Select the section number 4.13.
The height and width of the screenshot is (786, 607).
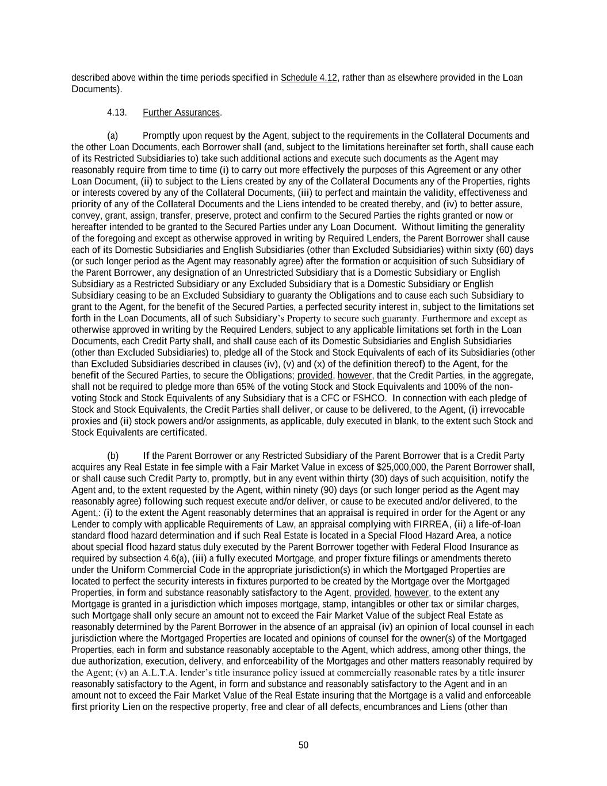click(x=116, y=112)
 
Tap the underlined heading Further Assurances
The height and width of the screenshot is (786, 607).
click(x=181, y=112)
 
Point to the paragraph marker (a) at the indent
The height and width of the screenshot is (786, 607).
click(x=113, y=135)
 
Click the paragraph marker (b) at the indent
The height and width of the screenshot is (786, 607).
click(x=113, y=455)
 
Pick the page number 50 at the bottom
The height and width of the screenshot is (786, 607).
click(x=303, y=745)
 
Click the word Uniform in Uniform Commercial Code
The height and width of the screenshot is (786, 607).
click(x=127, y=570)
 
